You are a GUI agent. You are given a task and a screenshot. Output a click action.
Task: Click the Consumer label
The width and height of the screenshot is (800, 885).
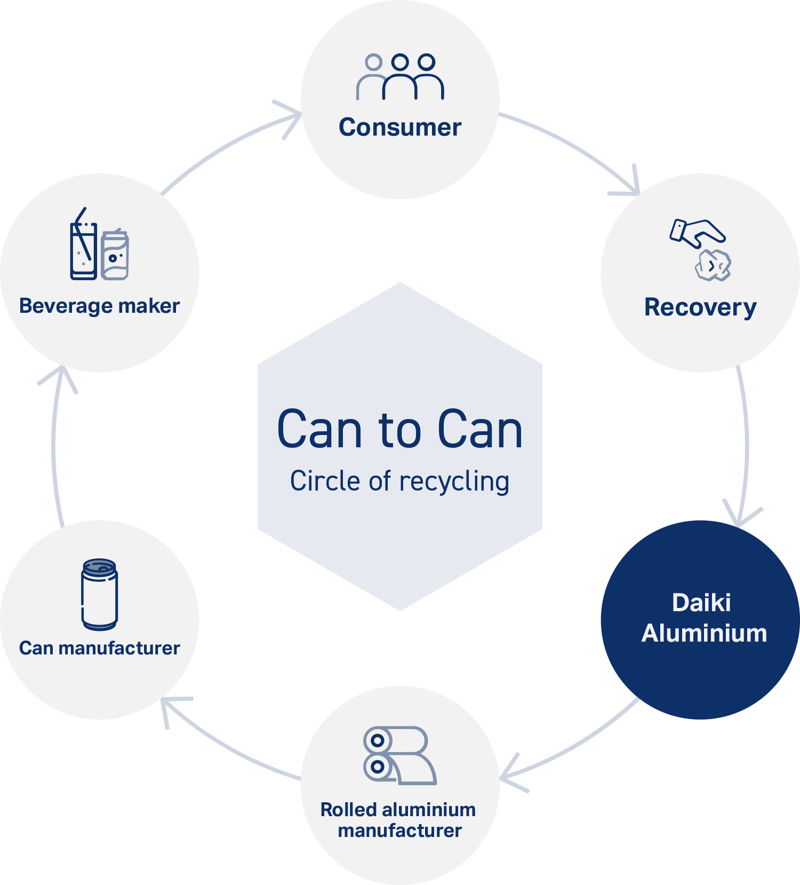(400, 128)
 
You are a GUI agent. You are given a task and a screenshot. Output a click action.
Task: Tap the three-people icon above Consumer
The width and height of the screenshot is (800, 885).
(400, 77)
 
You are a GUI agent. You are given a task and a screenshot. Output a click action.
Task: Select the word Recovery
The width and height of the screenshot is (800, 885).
(700, 308)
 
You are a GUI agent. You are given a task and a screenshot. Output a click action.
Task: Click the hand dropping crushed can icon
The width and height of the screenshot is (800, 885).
(700, 249)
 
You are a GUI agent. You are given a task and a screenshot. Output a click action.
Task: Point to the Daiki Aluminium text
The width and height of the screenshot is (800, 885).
(703, 618)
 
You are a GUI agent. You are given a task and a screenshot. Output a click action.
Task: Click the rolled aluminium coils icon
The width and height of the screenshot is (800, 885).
(400, 755)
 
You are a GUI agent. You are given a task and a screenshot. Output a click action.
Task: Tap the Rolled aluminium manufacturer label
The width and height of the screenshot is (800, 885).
(398, 820)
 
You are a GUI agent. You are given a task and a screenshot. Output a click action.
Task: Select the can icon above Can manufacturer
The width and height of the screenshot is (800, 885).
(100, 594)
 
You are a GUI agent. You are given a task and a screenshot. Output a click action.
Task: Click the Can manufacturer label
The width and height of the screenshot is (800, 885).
(100, 648)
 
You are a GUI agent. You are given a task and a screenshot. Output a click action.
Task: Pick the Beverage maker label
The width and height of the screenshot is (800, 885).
(100, 306)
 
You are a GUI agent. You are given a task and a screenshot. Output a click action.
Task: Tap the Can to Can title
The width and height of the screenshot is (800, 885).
(400, 429)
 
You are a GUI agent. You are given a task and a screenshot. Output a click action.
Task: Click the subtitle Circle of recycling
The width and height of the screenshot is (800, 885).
(400, 481)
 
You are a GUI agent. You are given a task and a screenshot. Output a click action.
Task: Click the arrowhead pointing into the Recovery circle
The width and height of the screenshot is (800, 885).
(629, 184)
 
